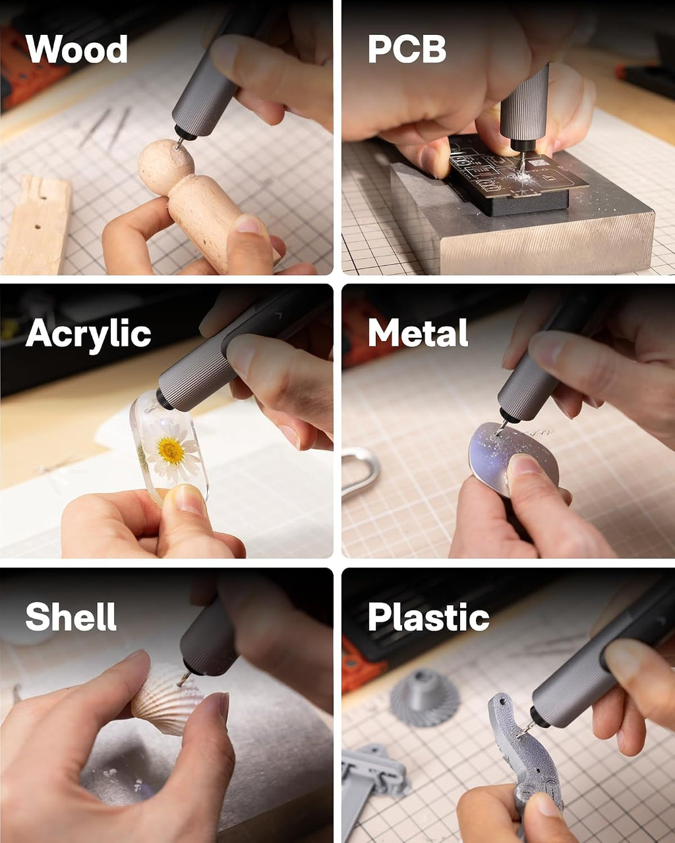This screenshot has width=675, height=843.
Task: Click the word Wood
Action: pos(76,49)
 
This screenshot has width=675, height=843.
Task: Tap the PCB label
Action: pos(407,49)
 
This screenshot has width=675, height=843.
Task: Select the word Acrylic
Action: pos(88,334)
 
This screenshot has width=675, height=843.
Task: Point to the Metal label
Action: pos(418,333)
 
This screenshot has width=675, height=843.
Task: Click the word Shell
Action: pos(71,616)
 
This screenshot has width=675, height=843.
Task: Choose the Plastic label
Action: pos(428,617)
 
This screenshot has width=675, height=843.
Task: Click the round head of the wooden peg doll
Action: pos(165,167)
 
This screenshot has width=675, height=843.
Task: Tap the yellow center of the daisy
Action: pos(171,450)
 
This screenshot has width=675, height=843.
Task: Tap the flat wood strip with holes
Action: pos(38,225)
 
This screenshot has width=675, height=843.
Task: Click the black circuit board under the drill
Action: pos(517,173)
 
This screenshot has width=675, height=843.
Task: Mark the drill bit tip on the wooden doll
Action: pos(177,148)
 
